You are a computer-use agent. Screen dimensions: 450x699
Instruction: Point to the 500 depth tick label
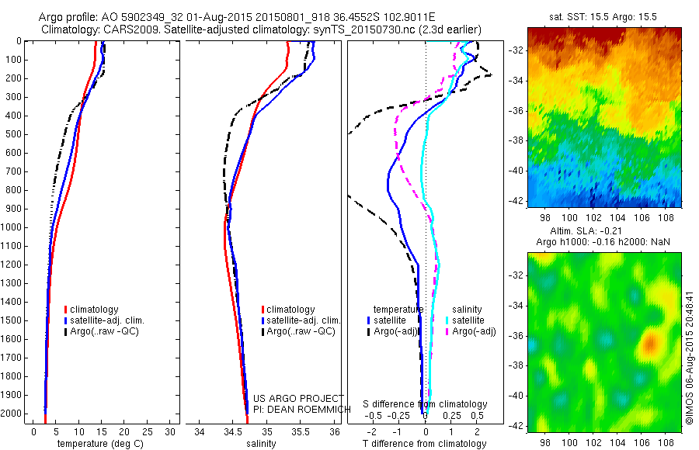click(x=13, y=134)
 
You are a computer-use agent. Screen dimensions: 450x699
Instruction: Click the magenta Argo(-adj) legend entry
click(x=474, y=331)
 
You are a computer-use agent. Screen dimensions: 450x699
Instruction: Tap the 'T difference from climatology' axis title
click(x=424, y=444)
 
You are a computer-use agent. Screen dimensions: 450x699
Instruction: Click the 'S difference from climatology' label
click(x=426, y=404)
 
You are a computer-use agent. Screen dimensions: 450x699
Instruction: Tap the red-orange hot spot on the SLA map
click(x=650, y=341)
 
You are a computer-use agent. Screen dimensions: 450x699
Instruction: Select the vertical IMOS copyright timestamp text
click(x=689, y=357)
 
